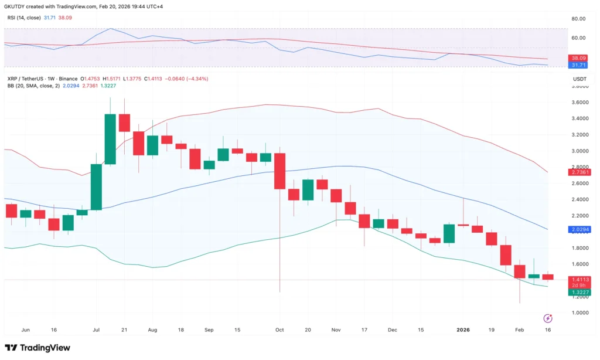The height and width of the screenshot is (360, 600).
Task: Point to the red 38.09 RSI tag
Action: (x=580, y=59)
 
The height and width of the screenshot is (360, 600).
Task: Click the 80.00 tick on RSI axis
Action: (x=578, y=19)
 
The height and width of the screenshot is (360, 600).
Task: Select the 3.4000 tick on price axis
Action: (x=580, y=118)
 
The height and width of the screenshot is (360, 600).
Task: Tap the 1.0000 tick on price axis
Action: (x=580, y=313)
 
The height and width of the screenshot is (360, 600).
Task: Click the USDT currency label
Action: (x=579, y=79)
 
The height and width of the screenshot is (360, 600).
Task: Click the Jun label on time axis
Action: (x=25, y=330)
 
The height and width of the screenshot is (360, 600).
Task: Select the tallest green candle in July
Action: (x=110, y=139)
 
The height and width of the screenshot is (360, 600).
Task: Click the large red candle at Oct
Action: (x=279, y=171)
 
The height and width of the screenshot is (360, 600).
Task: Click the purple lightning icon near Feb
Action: (x=548, y=318)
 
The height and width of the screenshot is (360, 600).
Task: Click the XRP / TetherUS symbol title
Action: (x=28, y=79)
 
